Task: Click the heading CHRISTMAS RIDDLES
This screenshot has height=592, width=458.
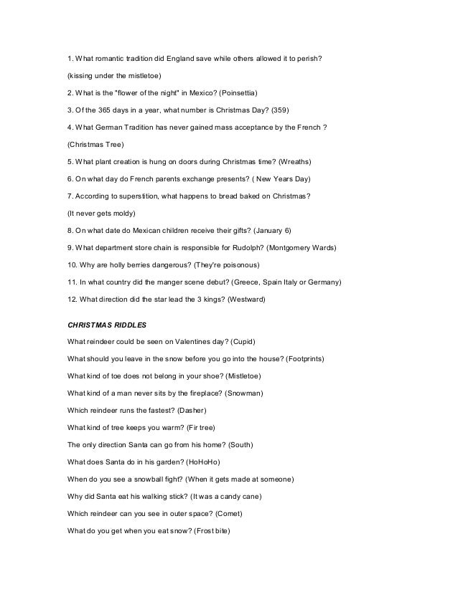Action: click(106, 325)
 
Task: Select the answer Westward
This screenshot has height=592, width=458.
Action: click(246, 299)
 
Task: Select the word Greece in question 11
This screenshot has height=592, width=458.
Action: click(219, 282)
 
